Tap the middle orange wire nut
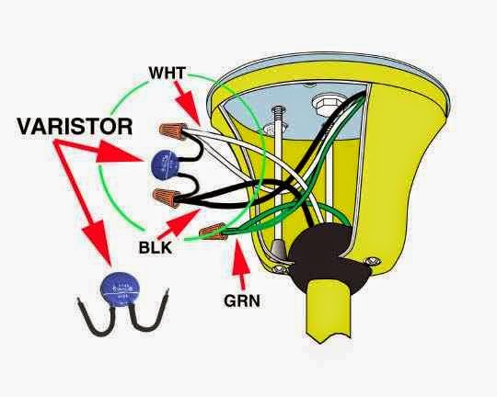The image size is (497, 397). point(167,194)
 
